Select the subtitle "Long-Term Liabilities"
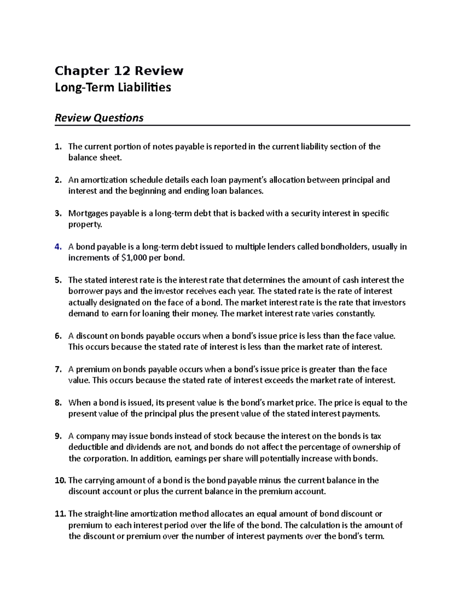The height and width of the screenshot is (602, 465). click(113, 88)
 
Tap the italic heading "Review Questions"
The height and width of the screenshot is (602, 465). click(99, 117)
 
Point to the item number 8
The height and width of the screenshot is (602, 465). click(58, 403)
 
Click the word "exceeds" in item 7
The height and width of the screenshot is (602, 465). click(279, 380)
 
